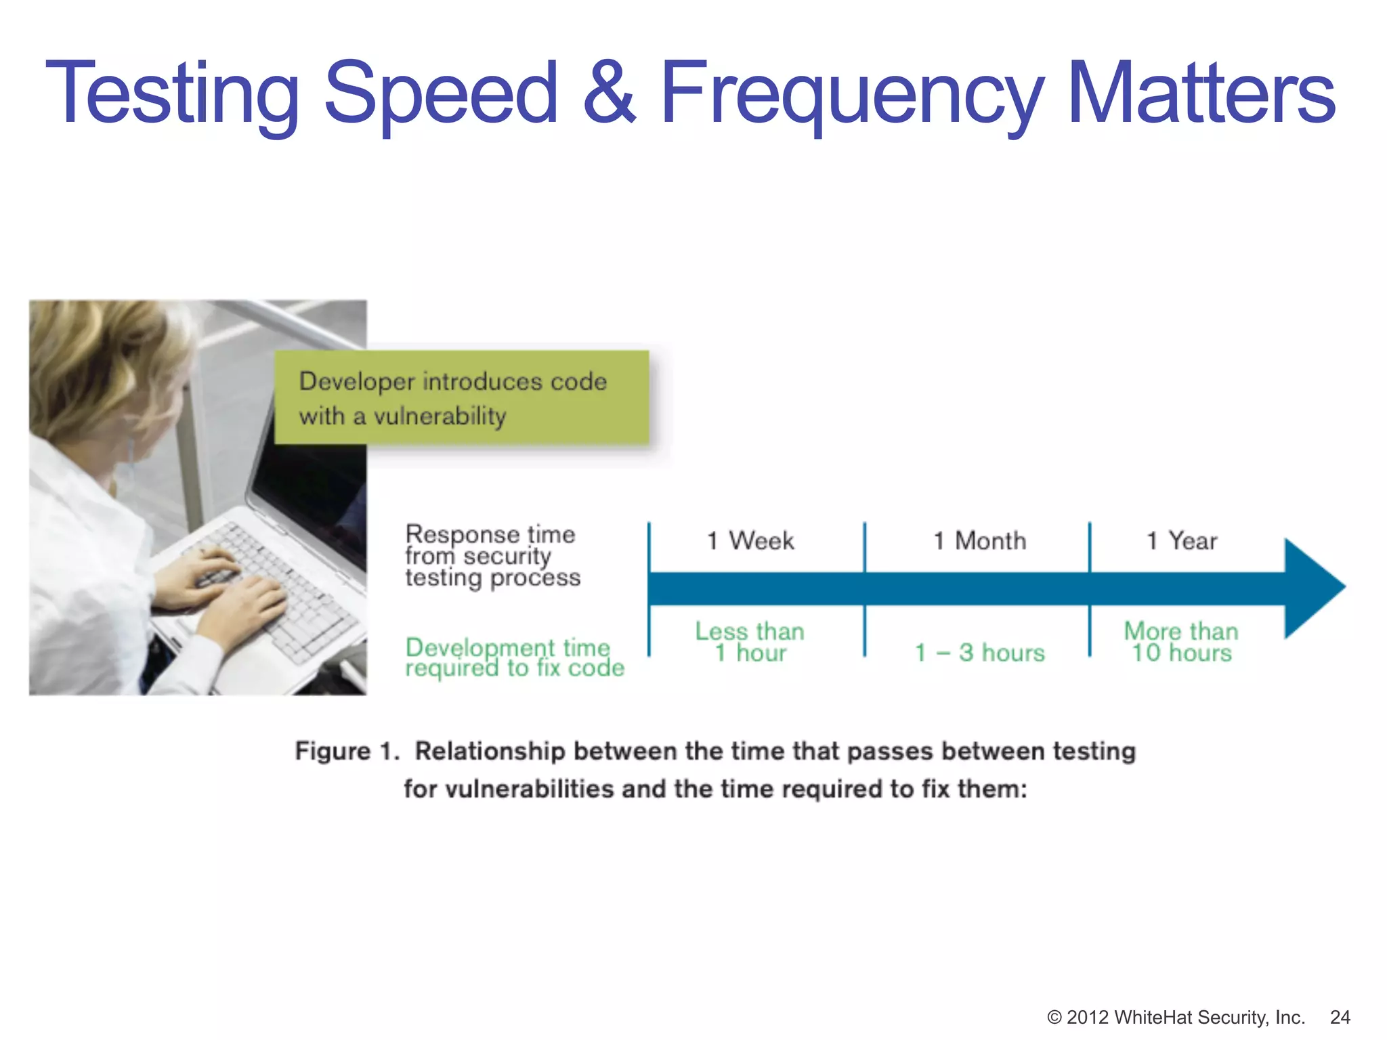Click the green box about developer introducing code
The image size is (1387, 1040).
(461, 398)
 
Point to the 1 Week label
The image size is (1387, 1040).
(750, 541)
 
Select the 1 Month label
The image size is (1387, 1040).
(979, 541)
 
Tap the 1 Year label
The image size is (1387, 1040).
(1182, 541)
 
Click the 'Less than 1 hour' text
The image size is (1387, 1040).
(750, 642)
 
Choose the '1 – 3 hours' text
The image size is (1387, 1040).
(979, 653)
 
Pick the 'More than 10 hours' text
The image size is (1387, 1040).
(1181, 642)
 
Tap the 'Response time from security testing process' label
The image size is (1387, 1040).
(492, 555)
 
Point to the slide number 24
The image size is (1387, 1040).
(1340, 1017)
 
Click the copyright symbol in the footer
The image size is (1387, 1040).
(1054, 1018)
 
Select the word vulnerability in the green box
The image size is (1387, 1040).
(440, 416)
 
